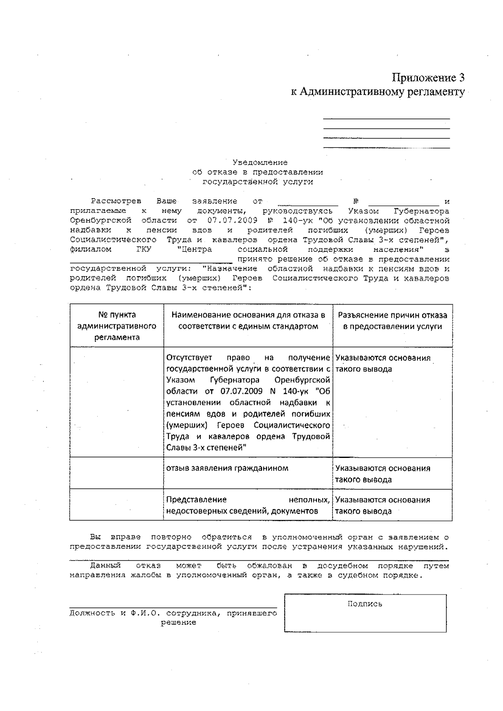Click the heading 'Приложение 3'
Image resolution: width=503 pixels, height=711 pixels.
428,78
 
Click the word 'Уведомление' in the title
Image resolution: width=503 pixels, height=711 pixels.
260,163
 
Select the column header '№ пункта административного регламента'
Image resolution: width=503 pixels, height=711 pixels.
117,326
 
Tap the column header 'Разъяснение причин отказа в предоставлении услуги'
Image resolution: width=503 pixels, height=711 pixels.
392,321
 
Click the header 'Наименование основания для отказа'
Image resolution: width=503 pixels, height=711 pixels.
248,321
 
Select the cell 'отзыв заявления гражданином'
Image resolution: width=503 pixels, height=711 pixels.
227,468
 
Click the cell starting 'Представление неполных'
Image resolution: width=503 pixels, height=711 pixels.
247,505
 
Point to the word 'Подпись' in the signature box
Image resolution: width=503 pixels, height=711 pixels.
365,604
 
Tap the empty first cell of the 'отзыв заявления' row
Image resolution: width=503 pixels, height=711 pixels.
117,473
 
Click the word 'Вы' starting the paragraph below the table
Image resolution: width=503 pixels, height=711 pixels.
96,537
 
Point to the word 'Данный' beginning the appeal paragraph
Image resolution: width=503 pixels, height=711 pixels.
105,566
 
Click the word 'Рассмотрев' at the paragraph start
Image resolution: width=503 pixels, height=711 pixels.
116,202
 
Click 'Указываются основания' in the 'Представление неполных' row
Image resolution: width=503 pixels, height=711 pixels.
382,500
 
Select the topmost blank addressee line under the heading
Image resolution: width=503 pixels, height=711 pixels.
386,119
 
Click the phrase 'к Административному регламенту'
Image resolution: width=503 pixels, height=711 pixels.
378,92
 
